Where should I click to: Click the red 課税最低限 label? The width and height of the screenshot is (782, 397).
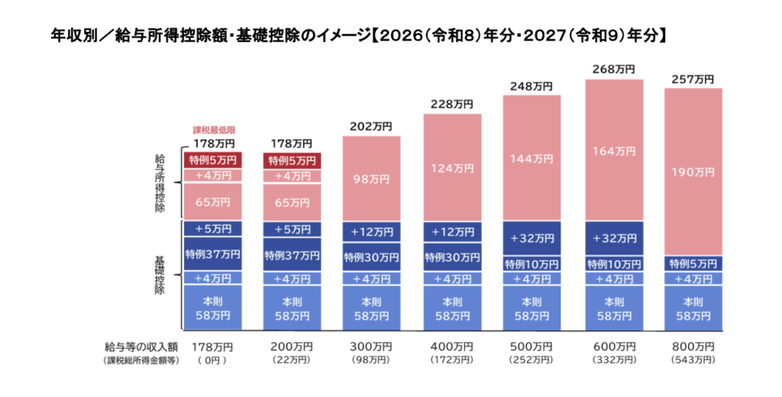[x=213, y=131]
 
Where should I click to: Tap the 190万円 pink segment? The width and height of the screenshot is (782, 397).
[x=692, y=173]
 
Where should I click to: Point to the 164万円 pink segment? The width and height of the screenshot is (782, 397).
[x=614, y=150]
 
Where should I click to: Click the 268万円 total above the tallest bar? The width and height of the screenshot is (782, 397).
[x=614, y=69]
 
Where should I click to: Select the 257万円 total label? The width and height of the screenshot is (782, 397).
[x=692, y=79]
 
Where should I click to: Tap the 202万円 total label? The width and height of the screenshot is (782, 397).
[x=372, y=127]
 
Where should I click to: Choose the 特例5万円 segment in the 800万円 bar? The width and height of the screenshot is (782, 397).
[x=692, y=263]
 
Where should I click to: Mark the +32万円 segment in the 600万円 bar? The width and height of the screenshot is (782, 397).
[x=614, y=238]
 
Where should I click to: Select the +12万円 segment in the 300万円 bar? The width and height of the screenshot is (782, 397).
[x=372, y=231]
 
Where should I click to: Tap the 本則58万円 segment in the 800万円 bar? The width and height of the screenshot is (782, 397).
[x=692, y=307]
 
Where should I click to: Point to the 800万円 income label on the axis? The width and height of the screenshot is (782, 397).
[x=692, y=347]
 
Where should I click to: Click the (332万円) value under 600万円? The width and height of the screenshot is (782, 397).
[x=614, y=360]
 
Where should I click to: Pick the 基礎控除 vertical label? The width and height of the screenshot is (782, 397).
[x=160, y=272]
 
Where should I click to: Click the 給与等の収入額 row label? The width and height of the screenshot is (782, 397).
[x=142, y=347]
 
